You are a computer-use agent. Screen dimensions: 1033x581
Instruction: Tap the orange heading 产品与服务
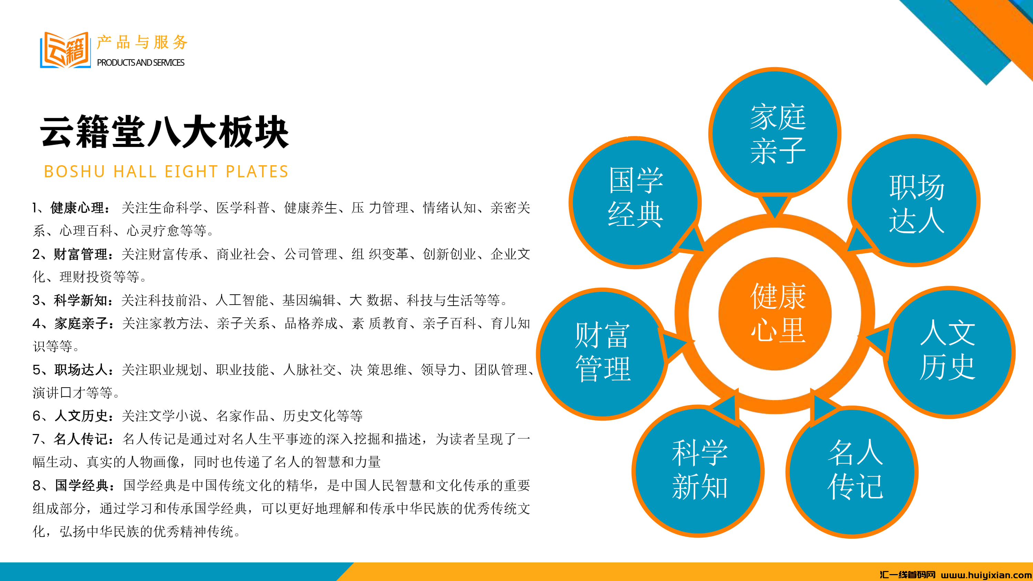coord(142,42)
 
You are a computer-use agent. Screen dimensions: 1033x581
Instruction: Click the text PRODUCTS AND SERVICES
coord(141,63)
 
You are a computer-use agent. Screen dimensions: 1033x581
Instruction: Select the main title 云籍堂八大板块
coord(164,131)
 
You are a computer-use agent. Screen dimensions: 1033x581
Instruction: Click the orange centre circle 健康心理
coord(775,314)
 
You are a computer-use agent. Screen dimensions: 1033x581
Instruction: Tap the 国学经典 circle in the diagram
coord(635,202)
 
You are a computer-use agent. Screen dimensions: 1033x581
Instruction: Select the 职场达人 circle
coord(914,200)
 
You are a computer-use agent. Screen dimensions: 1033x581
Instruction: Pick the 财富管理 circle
coord(602,354)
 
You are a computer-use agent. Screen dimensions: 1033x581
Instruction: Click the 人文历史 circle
coord(949,352)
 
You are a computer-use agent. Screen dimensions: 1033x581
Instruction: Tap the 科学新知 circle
coord(698,471)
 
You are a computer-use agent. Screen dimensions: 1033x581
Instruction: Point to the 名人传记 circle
coord(852,472)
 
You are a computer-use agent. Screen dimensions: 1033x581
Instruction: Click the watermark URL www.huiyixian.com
coord(987,575)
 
